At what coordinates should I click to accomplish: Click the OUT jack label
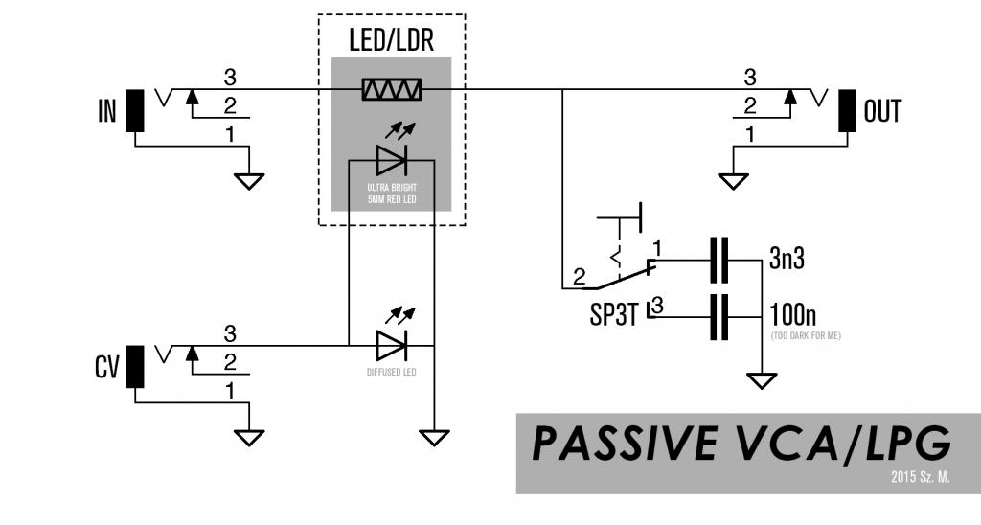click(x=882, y=111)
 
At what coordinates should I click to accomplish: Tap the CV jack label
click(x=105, y=368)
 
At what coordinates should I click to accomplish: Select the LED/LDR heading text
click(x=391, y=41)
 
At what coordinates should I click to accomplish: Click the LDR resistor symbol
click(x=392, y=90)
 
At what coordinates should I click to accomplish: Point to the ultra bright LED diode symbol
click(x=392, y=157)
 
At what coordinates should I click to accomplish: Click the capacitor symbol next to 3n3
click(x=718, y=260)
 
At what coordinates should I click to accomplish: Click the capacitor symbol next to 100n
click(x=718, y=315)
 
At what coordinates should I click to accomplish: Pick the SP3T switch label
click(x=614, y=316)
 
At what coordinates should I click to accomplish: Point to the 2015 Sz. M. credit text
click(x=920, y=476)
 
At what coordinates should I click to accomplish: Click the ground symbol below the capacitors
click(x=763, y=381)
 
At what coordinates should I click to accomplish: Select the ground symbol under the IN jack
click(x=250, y=180)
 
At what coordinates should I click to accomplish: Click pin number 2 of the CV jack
click(x=230, y=362)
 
